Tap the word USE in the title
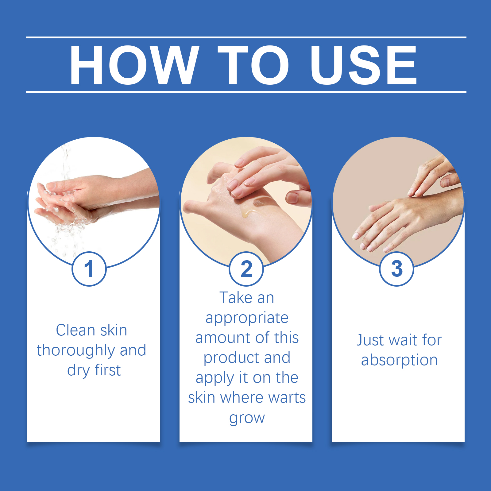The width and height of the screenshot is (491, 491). pos(364,65)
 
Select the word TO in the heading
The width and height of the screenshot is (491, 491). pos(253,65)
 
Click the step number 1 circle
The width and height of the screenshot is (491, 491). pos(89,269)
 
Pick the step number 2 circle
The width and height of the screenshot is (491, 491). pos(246,269)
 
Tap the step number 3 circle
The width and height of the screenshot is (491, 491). pos(397,269)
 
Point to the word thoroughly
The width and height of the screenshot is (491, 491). pos(76,351)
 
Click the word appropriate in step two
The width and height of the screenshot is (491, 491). pos(247,318)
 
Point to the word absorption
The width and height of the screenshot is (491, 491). pos(399,361)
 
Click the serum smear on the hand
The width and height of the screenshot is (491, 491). pos(255,206)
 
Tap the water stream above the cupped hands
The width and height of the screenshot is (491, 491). pos(65,163)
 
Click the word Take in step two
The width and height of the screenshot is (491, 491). pos(236,298)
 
